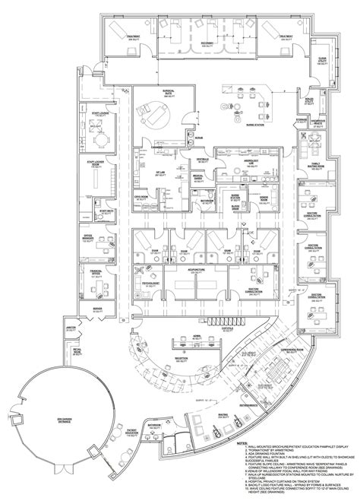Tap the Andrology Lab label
(x=247, y=160)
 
